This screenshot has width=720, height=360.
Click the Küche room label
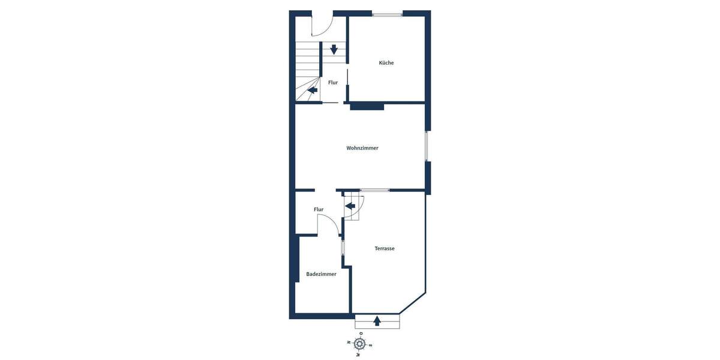point(386,63)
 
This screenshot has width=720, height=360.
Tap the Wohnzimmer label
point(362,148)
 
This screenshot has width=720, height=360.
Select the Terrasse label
point(385,248)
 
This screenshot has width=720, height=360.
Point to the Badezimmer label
point(321,274)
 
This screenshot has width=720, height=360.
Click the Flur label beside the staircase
point(333,83)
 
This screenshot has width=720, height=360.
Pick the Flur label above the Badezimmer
point(319,209)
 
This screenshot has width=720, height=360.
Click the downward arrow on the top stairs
point(334,50)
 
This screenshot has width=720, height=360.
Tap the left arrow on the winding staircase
point(312,91)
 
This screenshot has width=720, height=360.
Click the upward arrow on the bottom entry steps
point(377,321)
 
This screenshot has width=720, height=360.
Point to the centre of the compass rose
point(359,344)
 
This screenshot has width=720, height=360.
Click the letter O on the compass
point(361,334)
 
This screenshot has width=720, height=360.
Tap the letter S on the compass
point(370,345)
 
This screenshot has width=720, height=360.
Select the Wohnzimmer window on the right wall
point(427,146)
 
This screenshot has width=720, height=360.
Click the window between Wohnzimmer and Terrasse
point(374,190)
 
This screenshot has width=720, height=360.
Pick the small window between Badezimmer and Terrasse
point(343,248)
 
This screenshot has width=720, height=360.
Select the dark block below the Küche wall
point(367,106)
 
